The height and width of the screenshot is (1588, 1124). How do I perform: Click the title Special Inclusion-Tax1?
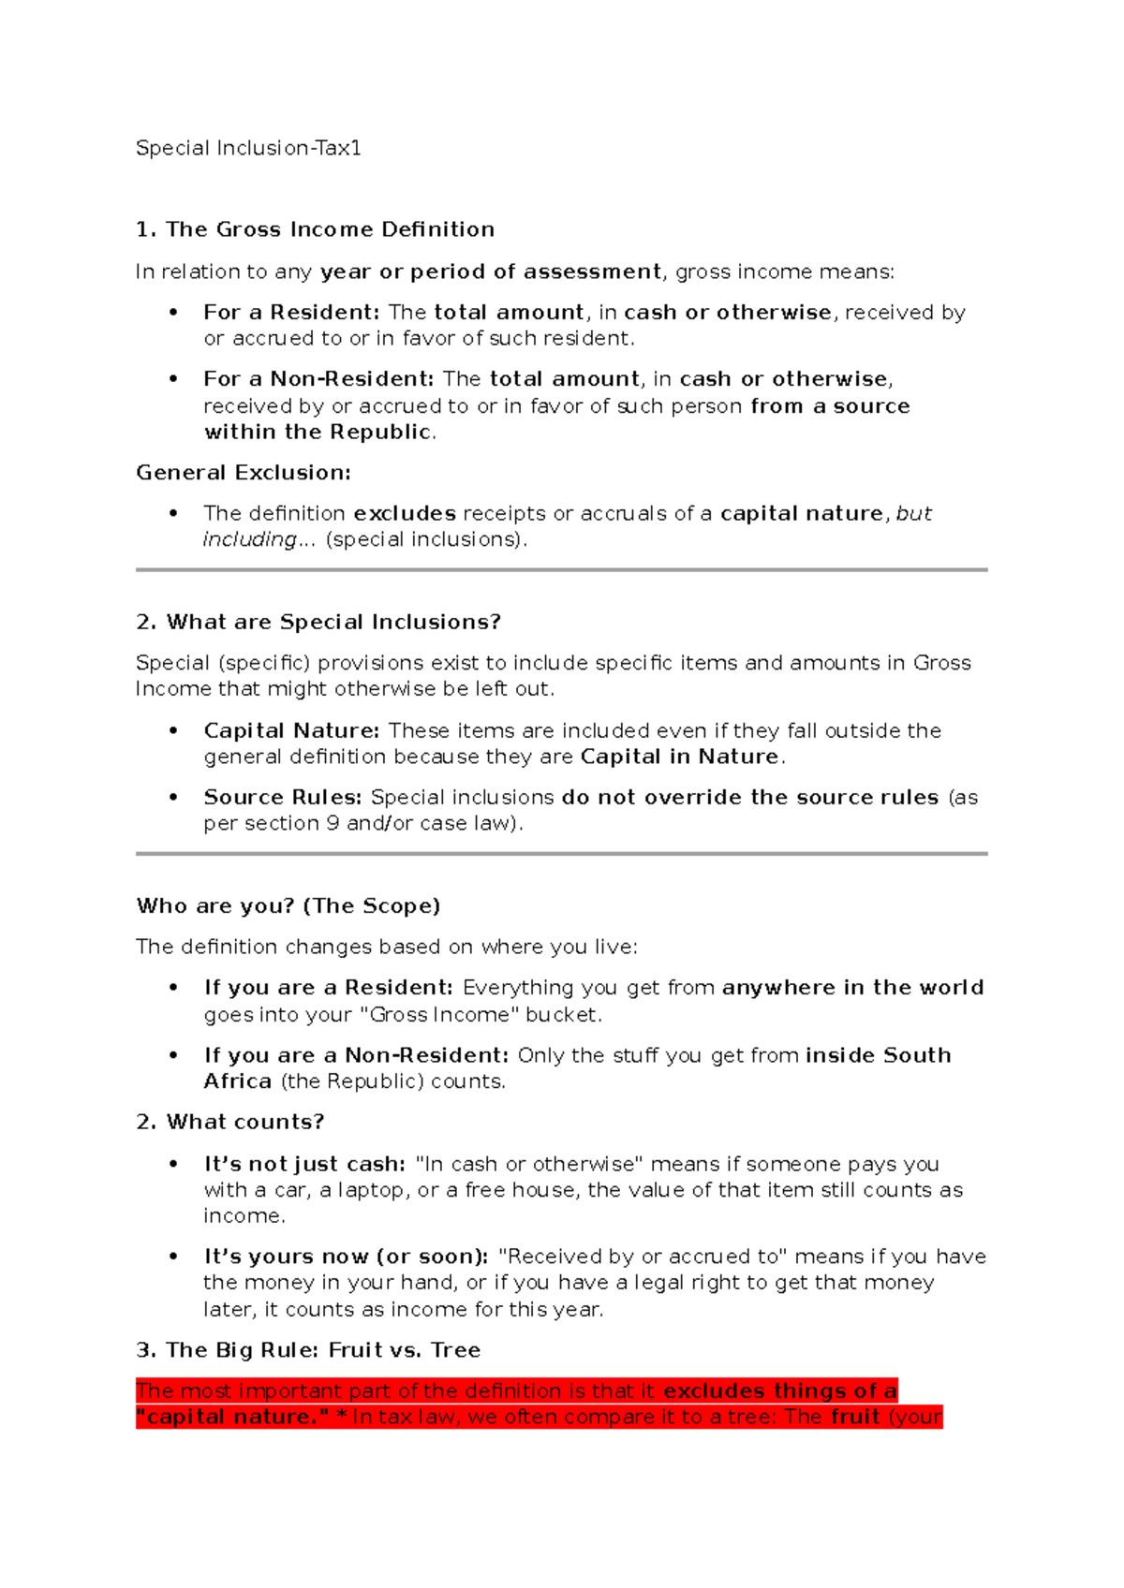tap(248, 148)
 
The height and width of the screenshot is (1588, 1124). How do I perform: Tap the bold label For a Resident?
tap(291, 313)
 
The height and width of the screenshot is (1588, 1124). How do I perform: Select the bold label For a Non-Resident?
tap(318, 379)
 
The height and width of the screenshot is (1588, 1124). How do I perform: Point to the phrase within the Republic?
tap(318, 433)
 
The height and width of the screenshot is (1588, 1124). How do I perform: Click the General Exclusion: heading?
tap(244, 473)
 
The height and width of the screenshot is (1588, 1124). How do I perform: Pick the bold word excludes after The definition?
tap(405, 513)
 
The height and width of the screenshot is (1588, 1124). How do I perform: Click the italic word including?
tap(249, 539)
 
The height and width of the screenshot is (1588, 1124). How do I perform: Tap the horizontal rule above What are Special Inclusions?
tap(561, 569)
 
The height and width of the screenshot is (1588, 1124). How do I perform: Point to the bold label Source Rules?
tap(283, 798)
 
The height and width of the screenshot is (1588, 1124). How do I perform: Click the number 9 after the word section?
tap(333, 824)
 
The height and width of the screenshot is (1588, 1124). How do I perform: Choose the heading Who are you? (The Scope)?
tap(288, 906)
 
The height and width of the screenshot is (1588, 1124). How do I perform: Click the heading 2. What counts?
tap(230, 1123)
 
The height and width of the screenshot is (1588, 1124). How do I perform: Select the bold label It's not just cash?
tap(304, 1164)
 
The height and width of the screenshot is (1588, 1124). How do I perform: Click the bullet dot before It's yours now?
tap(173, 1257)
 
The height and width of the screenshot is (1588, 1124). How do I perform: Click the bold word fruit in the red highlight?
tap(855, 1418)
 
